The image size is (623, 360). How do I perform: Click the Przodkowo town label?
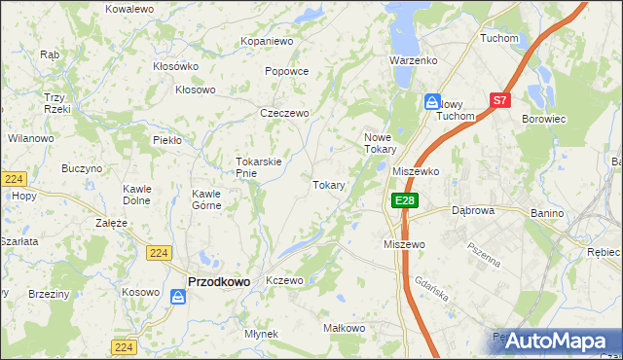click(x=218, y=281)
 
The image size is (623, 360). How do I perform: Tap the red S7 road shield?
click(x=499, y=99)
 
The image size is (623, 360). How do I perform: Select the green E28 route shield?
click(x=405, y=200)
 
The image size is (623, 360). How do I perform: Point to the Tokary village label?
click(x=328, y=185)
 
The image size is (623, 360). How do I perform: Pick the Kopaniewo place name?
click(x=267, y=42)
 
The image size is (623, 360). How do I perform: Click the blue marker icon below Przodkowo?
click(x=178, y=297)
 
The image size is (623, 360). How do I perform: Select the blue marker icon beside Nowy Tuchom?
click(x=431, y=100)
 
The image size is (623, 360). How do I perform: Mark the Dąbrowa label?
click(x=475, y=209)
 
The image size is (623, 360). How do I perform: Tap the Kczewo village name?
click(x=285, y=280)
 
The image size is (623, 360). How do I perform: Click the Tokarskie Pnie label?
click(x=259, y=167)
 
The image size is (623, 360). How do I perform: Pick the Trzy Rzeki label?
click(x=55, y=103)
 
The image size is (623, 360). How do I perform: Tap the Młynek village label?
click(x=262, y=334)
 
